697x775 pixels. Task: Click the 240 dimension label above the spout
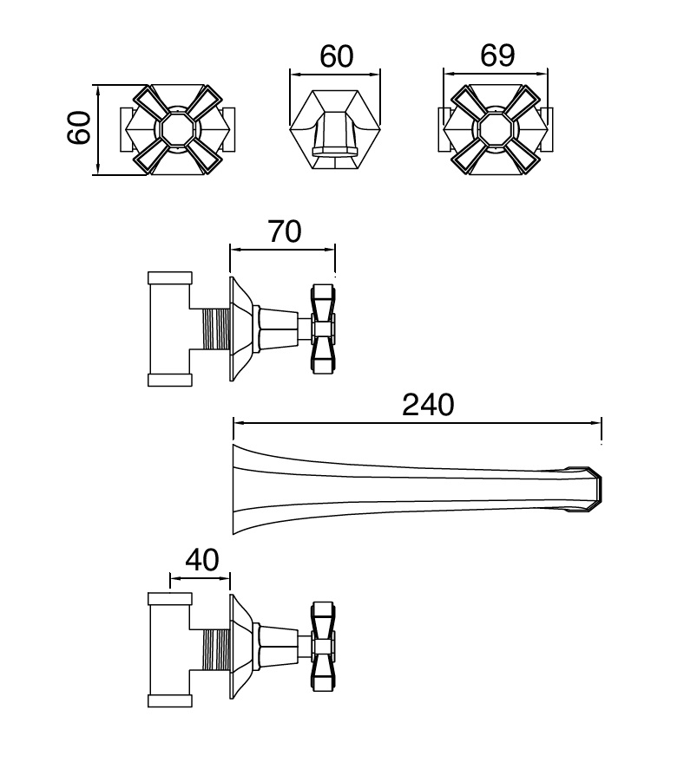click(x=428, y=405)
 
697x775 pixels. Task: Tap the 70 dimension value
click(x=285, y=231)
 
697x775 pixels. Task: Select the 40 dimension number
click(x=202, y=560)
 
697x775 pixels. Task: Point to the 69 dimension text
click(x=497, y=55)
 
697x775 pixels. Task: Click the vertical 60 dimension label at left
click(x=79, y=127)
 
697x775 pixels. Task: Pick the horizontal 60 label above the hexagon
click(x=337, y=56)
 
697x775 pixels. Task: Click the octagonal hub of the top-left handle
click(x=177, y=129)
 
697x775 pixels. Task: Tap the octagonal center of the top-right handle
click(x=496, y=129)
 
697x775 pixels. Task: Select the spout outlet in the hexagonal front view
click(x=334, y=151)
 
